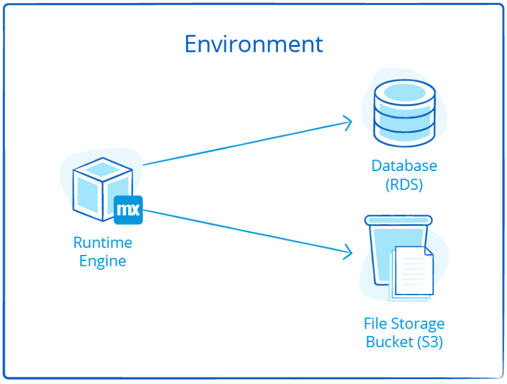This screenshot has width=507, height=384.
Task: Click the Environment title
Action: tap(253, 44)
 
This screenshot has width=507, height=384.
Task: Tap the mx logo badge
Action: tap(128, 210)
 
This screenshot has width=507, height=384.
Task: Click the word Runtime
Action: tap(103, 243)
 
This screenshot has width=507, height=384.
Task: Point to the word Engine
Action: tap(103, 262)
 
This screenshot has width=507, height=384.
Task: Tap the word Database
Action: tap(404, 166)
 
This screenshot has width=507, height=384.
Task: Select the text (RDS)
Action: tap(404, 185)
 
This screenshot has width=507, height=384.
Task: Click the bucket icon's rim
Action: tap(398, 220)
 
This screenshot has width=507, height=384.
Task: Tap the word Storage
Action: tap(416, 324)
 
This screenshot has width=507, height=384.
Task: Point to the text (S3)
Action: tap(429, 343)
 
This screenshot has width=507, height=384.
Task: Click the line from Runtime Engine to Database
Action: tap(243, 144)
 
